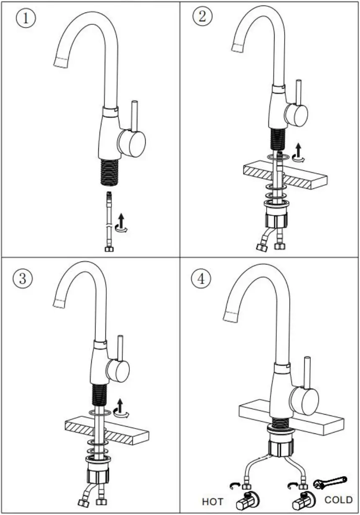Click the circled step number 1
(x=26, y=19)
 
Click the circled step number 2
(x=202, y=17)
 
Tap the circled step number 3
(x=23, y=279)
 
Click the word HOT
(x=213, y=501)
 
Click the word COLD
(x=339, y=500)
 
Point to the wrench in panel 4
(x=330, y=482)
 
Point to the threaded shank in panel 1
(x=110, y=172)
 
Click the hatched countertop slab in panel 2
(x=285, y=175)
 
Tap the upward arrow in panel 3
(x=121, y=405)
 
